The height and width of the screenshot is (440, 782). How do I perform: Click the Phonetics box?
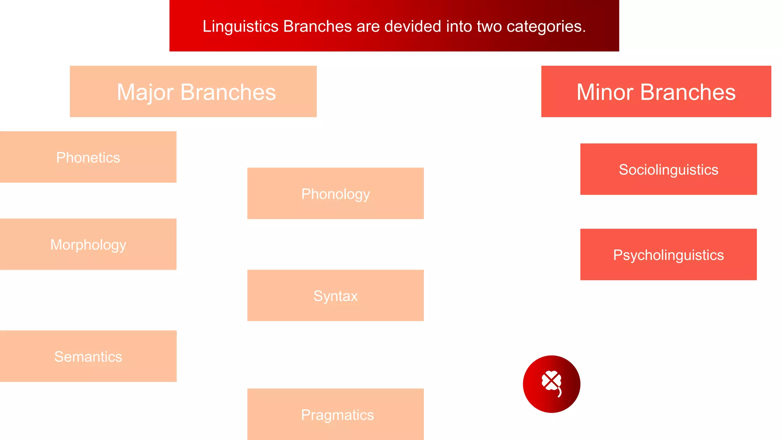pyautogui.click(x=88, y=157)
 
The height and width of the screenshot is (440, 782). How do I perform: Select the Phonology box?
pyautogui.click(x=335, y=194)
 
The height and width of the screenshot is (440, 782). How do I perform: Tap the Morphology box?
pyautogui.click(x=88, y=244)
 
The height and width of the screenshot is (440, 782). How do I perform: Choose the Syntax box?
pyautogui.click(x=335, y=296)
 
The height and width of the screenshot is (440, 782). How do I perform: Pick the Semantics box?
pyautogui.click(x=88, y=356)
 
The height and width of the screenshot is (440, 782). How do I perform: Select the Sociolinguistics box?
pyautogui.click(x=668, y=170)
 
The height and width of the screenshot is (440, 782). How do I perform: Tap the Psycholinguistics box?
pyautogui.click(x=668, y=255)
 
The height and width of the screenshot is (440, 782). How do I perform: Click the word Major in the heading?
pyautogui.click(x=145, y=92)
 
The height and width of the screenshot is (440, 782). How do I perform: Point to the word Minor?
pyautogui.click(x=605, y=92)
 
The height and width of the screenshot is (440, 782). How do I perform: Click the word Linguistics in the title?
pyautogui.click(x=240, y=27)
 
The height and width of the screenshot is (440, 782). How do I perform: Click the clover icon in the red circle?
pyautogui.click(x=552, y=383)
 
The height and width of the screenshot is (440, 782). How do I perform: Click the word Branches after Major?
pyautogui.click(x=228, y=92)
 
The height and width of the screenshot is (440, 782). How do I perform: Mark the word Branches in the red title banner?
pyautogui.click(x=317, y=27)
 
